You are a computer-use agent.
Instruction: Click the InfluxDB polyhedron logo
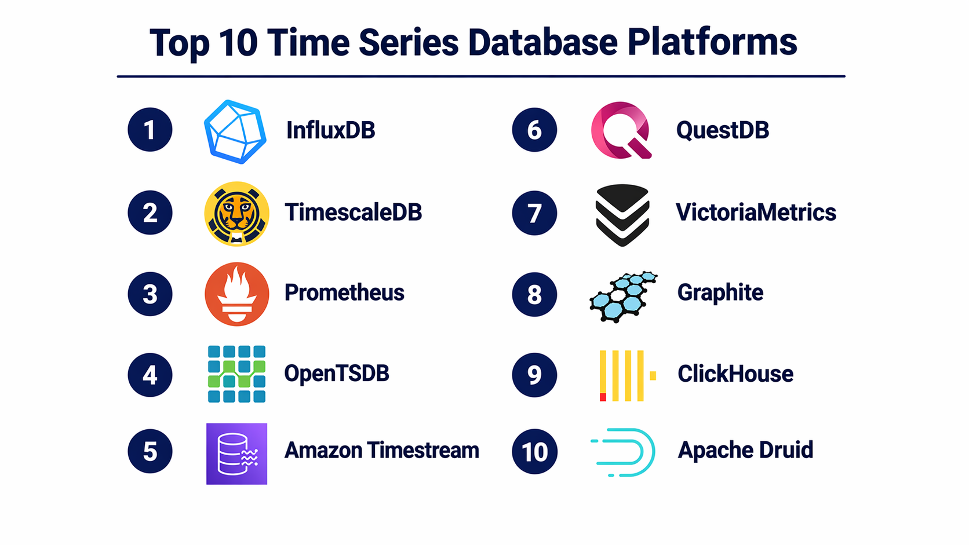pos(235,132)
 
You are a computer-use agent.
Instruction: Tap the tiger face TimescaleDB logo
pos(236,214)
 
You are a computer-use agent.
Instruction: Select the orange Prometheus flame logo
pos(236,294)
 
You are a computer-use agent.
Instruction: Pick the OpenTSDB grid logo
pos(236,374)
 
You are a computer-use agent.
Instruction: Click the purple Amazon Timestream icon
pos(236,454)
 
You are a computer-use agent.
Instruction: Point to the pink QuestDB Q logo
pos(621,130)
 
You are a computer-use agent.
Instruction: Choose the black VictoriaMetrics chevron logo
pos(622,215)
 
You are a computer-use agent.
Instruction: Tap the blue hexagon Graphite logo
pos(624,297)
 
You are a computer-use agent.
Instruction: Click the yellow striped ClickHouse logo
pos(628,375)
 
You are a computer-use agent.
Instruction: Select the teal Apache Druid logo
pos(623,452)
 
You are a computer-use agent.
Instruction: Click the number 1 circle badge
pos(150,130)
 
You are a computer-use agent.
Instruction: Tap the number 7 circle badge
pos(534,213)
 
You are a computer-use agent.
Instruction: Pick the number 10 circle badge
pos(534,451)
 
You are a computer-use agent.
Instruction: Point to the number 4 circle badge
pos(150,375)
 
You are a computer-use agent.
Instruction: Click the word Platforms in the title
pos(712,42)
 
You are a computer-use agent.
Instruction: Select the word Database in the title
pos(542,42)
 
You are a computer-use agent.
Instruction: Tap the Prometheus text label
pos(344,292)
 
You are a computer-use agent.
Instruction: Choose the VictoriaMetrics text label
pos(756,212)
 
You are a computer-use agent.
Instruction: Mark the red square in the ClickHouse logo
pos(603,397)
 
